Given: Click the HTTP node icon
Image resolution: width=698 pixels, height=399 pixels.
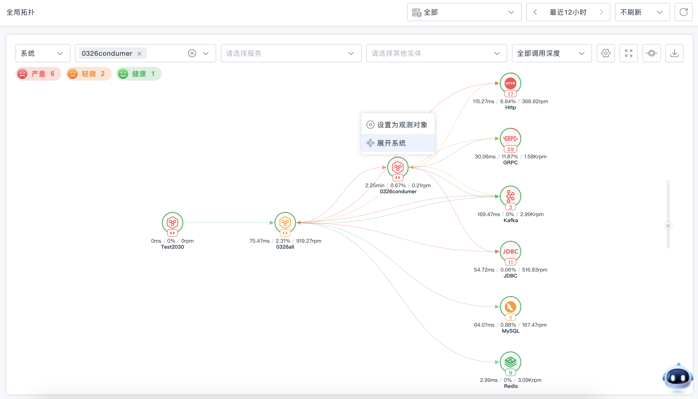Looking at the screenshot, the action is click(510, 83).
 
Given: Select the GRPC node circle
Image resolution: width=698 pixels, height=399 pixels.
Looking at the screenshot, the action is click(510, 139).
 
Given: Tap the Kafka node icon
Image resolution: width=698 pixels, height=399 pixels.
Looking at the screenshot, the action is click(510, 196).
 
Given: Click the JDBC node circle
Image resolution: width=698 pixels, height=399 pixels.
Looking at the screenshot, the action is click(510, 252).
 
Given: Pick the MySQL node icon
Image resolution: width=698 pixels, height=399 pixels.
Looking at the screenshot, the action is click(510, 307).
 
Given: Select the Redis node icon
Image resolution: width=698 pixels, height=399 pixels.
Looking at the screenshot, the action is click(510, 362).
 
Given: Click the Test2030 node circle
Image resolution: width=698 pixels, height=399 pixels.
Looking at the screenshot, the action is click(172, 223).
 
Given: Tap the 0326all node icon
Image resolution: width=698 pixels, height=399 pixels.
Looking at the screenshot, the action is click(285, 223).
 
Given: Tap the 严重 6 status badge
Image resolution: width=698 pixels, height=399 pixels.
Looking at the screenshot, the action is click(38, 74).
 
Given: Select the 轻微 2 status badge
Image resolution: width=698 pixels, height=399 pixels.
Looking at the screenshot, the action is click(89, 74).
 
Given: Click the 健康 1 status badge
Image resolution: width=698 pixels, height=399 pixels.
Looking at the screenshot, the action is click(139, 74).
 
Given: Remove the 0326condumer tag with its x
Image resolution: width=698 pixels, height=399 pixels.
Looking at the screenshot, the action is click(139, 54).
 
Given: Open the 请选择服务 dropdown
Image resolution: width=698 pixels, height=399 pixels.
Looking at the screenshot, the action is click(291, 53).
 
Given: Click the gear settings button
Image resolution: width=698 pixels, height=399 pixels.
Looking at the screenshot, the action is click(606, 53).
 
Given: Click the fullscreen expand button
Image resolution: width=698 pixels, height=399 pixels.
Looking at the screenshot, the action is click(629, 53).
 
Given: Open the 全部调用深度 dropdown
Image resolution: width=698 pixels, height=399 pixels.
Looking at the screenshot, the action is click(552, 53).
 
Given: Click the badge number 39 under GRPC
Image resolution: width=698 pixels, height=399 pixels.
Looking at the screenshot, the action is click(510, 149).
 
